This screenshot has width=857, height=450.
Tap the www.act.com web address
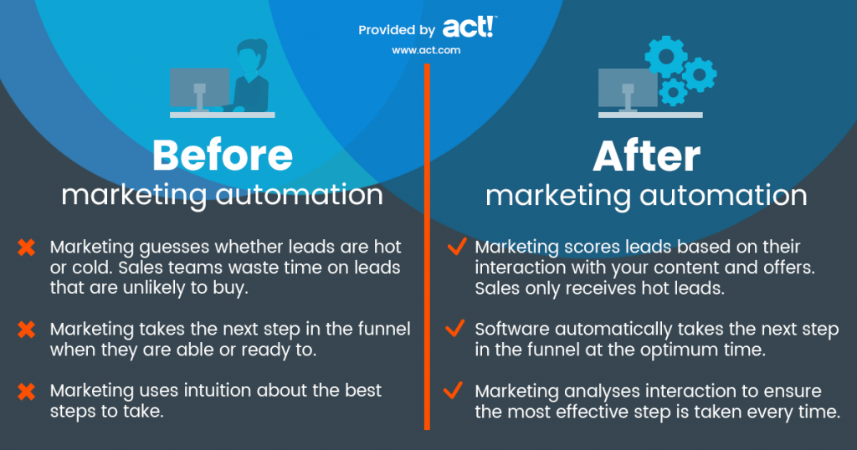(x=426, y=50)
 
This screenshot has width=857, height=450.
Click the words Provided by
(x=397, y=30)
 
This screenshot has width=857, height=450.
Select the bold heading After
(x=646, y=156)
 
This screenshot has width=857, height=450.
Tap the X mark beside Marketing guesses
(x=27, y=248)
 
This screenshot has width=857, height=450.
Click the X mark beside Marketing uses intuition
(x=27, y=391)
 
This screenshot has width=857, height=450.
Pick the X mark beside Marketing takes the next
(x=27, y=329)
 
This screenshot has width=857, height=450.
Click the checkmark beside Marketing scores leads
(x=456, y=247)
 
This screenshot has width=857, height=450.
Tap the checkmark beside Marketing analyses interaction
(x=456, y=391)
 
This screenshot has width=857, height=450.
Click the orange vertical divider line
(x=427, y=251)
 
